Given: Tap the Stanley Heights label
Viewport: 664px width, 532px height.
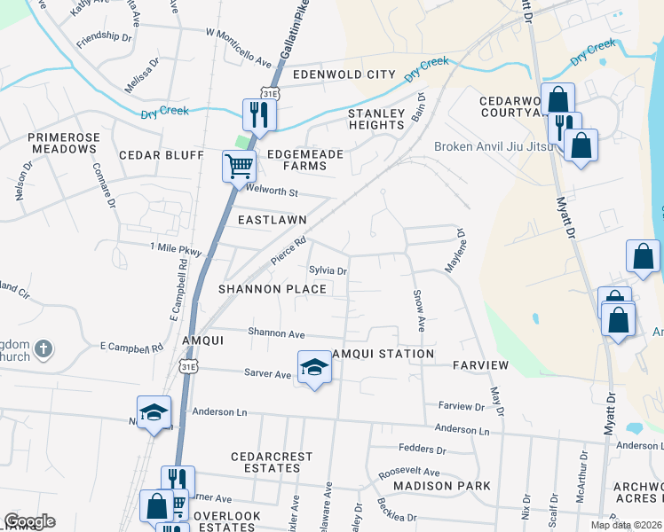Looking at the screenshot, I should pos(376,119).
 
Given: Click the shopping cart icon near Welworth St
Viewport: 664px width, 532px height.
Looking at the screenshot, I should pos(239,165).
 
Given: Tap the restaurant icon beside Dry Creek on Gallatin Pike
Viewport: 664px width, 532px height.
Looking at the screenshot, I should pos(260,114).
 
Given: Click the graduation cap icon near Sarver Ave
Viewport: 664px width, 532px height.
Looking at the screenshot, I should pos(313,367).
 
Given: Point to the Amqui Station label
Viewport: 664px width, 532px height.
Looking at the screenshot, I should pos(383,354).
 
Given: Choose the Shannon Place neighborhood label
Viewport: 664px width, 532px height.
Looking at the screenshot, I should pos(273,289).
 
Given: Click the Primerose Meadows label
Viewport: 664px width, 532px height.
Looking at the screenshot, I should pos(61,143).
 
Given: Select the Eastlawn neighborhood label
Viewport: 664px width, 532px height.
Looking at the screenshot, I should pos(272,219).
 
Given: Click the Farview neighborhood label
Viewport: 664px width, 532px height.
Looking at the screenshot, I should pos(480,365).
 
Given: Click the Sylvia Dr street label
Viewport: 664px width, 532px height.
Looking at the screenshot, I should pos(327,270).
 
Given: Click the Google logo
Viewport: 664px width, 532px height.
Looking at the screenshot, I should pos(29,521).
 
